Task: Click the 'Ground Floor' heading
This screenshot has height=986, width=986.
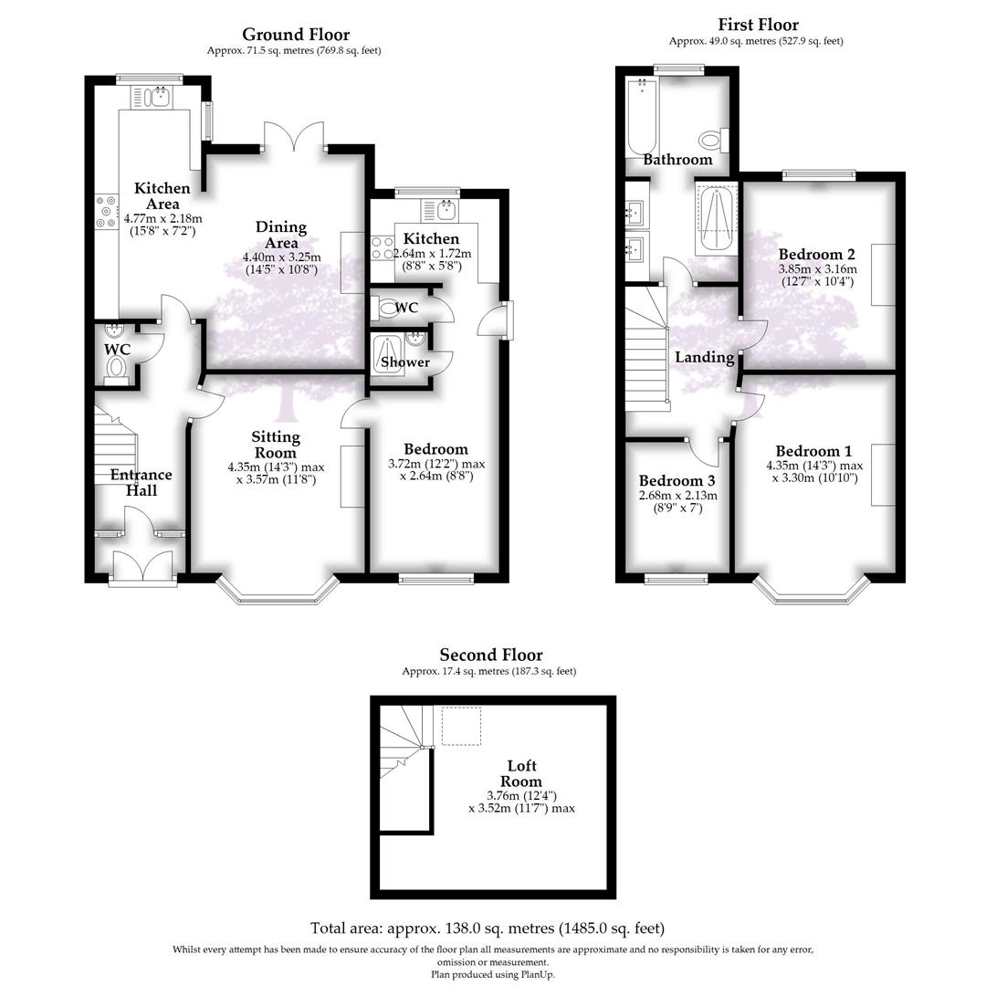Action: (295, 35)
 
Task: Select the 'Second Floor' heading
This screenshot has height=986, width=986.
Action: (490, 655)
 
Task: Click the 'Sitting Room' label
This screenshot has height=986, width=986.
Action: (275, 446)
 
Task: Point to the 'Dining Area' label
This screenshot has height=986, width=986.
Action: (280, 235)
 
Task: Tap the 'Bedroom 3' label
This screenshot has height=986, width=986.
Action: (677, 481)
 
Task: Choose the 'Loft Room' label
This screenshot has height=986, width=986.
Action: (521, 773)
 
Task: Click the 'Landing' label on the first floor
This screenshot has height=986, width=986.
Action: (704, 357)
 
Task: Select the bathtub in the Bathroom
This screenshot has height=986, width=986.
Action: (642, 116)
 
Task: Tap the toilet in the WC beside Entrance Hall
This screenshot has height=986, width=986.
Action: (116, 366)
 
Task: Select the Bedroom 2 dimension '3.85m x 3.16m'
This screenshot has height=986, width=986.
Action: (817, 269)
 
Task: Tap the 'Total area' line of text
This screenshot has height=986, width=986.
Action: (488, 928)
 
